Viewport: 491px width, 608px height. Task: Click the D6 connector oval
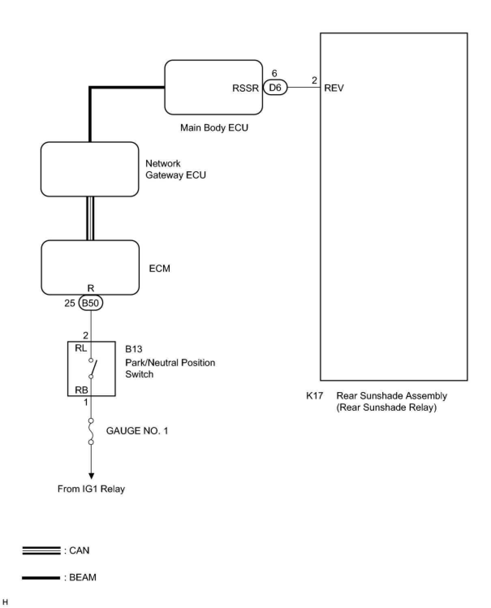tap(275, 87)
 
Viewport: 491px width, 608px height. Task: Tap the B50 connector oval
tap(90, 303)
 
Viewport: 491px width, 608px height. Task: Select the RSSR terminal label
tap(245, 88)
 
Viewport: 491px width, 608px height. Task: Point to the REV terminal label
tap(334, 88)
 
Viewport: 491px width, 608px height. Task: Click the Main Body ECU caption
tap(214, 127)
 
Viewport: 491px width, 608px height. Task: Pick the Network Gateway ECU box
tap(90, 169)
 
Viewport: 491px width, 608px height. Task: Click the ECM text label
tap(159, 268)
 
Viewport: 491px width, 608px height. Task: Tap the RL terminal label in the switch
tap(81, 348)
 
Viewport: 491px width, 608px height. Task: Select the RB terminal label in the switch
tap(81, 390)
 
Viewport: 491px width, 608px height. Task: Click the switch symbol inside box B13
tap(93, 369)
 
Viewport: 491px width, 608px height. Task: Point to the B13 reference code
tap(134, 349)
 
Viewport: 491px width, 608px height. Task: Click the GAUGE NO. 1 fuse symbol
tap(91, 431)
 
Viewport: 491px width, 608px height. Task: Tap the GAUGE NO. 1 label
tap(137, 431)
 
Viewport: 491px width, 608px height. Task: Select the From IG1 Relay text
tap(91, 489)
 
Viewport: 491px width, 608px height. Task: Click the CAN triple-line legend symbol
tap(41, 551)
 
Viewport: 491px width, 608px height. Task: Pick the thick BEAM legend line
tap(41, 578)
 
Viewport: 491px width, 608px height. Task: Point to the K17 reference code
tap(314, 396)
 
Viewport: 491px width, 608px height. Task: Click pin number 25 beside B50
tap(70, 303)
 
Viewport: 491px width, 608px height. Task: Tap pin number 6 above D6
tap(274, 73)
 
